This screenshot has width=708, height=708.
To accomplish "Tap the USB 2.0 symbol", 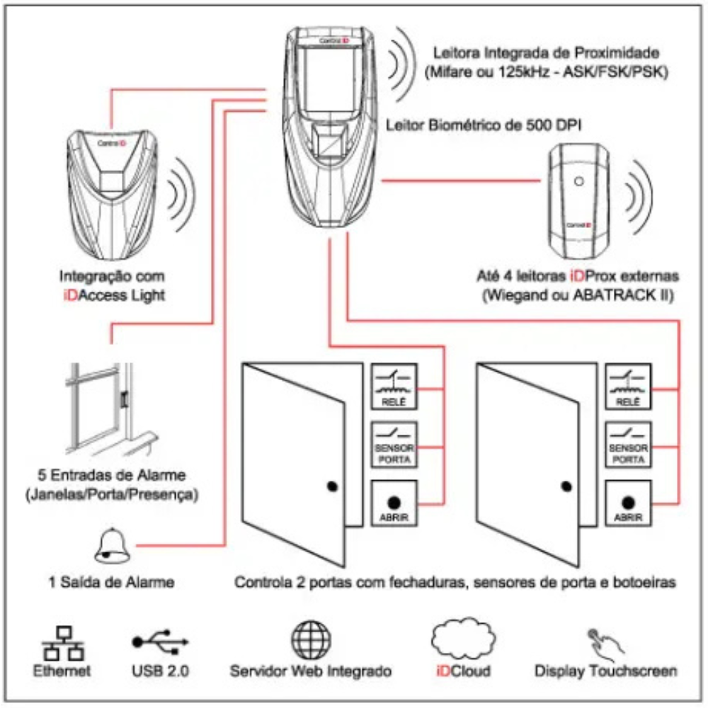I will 160,641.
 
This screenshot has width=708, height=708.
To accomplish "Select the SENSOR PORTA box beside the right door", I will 627,444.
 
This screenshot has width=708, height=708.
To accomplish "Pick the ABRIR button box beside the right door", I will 627,503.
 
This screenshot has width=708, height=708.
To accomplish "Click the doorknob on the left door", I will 333,486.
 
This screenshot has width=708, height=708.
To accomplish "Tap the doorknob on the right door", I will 566,486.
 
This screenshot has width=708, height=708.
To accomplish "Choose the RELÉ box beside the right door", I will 627,387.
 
